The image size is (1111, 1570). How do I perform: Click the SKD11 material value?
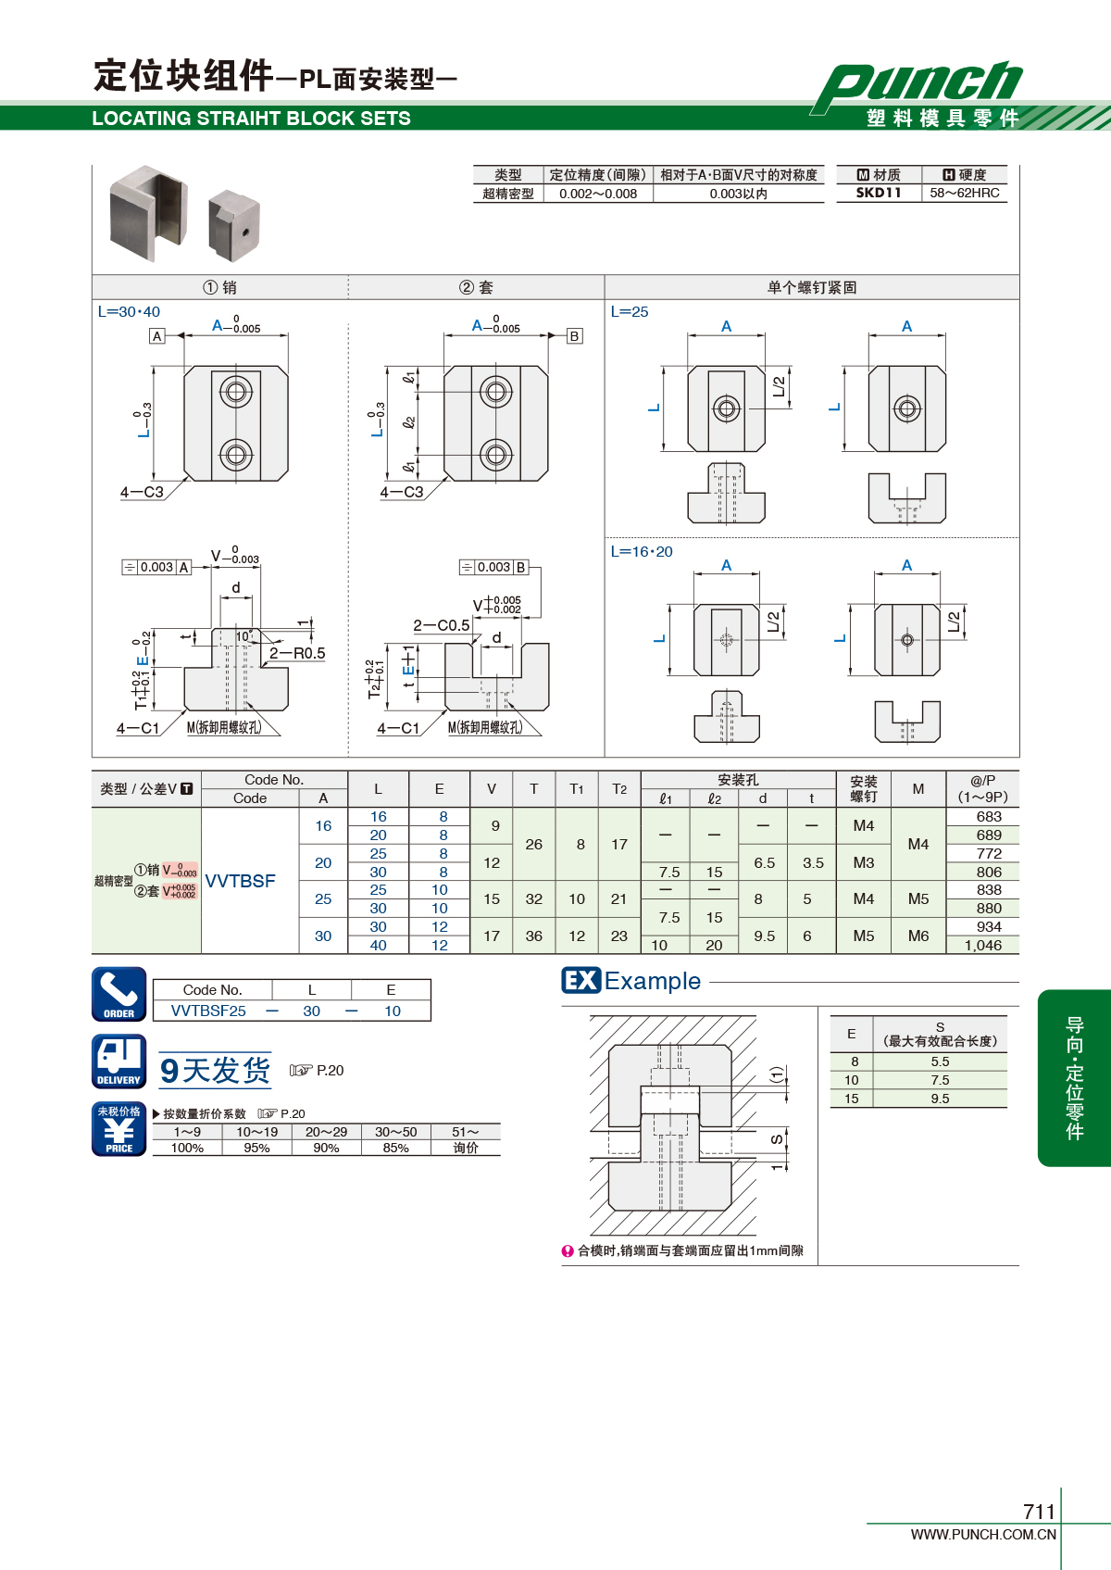(x=879, y=193)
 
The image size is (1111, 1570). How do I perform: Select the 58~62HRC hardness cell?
(x=965, y=193)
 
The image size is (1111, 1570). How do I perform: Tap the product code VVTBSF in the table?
(x=240, y=881)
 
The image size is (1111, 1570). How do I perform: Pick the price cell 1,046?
(x=983, y=945)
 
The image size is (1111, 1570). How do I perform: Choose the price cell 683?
(x=989, y=817)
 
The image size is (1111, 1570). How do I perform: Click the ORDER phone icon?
(x=119, y=994)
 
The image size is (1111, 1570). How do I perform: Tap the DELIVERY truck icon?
(x=119, y=1061)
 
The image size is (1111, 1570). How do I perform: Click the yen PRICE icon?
(x=119, y=1128)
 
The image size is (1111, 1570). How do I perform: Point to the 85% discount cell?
(x=395, y=1148)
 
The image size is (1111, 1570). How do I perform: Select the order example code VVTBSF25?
(x=208, y=1011)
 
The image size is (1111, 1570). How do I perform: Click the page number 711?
(x=1039, y=1512)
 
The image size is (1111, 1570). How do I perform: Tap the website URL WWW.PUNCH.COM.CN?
(x=983, y=1534)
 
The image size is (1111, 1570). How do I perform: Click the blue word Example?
(x=652, y=981)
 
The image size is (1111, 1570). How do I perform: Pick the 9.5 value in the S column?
(x=940, y=1099)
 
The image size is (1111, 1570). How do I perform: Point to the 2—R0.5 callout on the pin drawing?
(x=298, y=653)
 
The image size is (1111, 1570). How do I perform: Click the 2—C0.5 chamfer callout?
(x=442, y=625)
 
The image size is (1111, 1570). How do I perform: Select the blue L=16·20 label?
(x=641, y=552)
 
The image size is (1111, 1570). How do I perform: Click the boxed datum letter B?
(x=574, y=335)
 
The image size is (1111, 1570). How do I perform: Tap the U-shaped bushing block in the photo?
(x=149, y=213)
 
